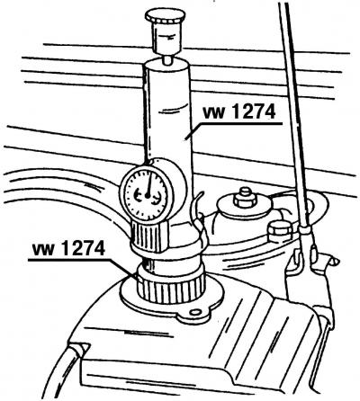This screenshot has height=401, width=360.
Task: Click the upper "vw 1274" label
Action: (239, 112)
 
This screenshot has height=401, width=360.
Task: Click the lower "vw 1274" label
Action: (68, 249)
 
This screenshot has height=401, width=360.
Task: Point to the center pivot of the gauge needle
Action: (148, 195)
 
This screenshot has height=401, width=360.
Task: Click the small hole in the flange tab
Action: (195, 312)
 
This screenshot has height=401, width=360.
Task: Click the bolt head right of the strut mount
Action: (280, 231)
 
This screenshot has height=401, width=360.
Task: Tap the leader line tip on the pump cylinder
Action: (186, 138)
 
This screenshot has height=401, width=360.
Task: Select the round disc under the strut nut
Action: (245, 207)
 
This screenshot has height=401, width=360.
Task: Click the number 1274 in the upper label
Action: (254, 112)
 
